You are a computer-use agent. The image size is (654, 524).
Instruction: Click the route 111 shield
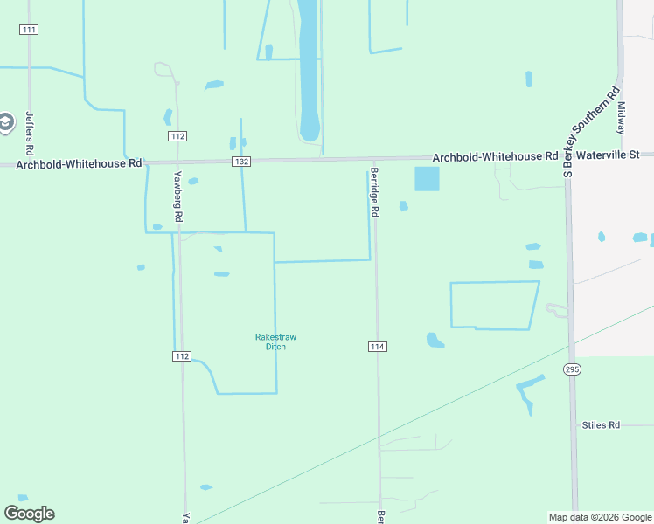(x=29, y=30)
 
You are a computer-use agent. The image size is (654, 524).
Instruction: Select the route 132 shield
(x=242, y=162)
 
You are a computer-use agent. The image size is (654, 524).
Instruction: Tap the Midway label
(x=622, y=117)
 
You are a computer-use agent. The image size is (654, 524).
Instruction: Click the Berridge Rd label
(x=374, y=192)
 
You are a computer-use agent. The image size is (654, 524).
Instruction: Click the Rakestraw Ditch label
(x=270, y=341)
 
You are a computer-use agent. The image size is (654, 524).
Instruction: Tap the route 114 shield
(x=377, y=347)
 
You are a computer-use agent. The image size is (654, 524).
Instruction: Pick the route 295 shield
(x=572, y=369)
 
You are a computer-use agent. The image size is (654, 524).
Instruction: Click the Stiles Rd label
(x=601, y=425)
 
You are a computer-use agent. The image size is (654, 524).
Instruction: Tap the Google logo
(x=29, y=514)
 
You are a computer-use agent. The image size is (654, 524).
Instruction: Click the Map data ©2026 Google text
(x=600, y=517)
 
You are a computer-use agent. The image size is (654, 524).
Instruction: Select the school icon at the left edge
(x=5, y=122)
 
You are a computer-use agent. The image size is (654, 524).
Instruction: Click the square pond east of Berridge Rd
(x=426, y=178)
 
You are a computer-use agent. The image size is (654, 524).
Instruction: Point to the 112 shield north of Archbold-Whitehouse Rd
(x=177, y=136)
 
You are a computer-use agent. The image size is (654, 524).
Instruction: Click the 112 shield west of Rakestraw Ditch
(x=181, y=355)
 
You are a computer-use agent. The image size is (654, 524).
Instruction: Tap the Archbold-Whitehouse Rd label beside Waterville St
(x=495, y=156)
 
